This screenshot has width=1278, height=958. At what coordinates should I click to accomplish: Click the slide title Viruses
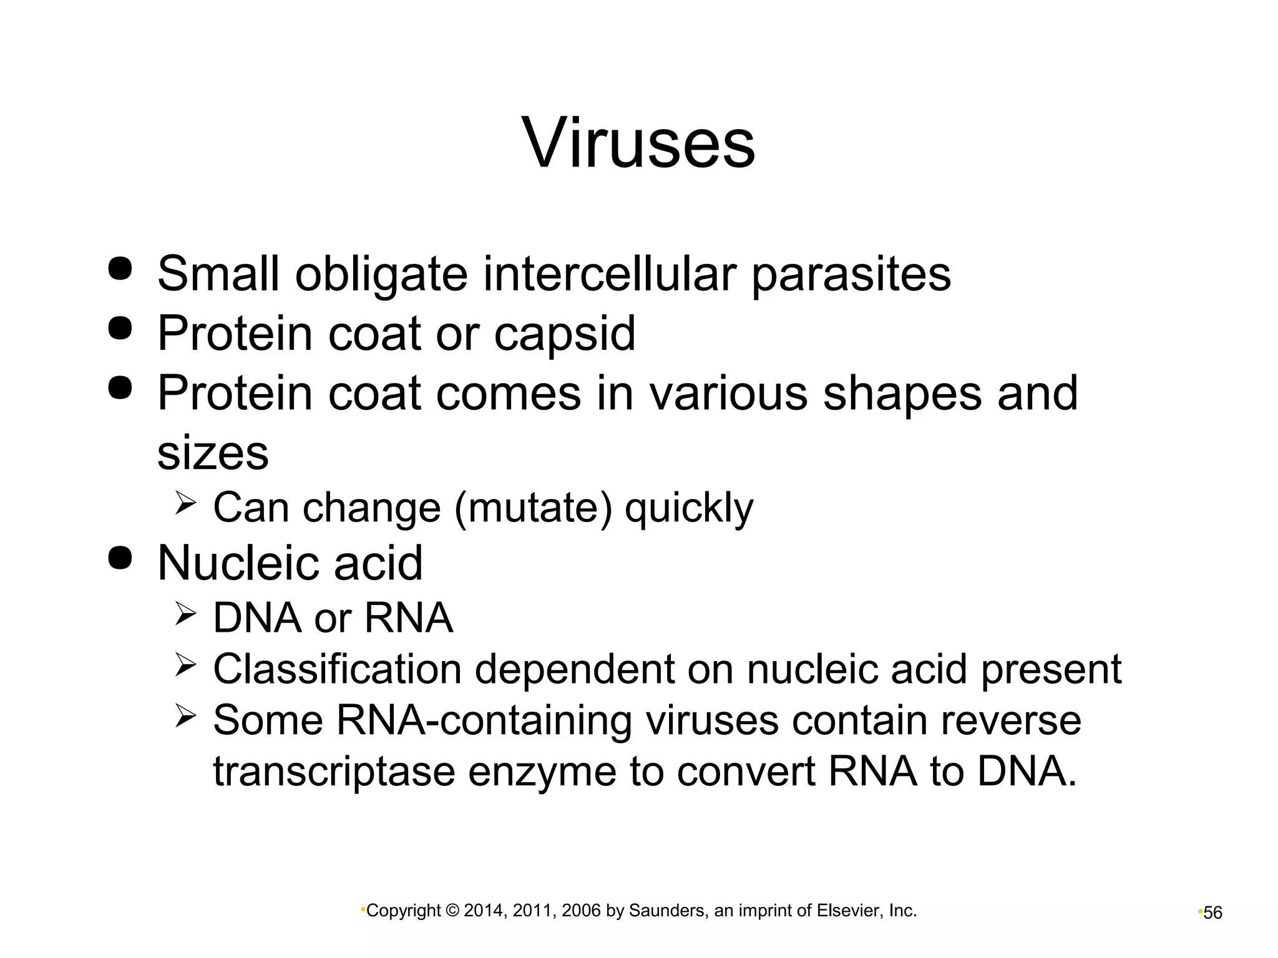[638, 143]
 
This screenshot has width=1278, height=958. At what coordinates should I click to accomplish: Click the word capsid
[565, 334]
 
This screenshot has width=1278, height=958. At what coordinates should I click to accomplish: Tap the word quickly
[689, 508]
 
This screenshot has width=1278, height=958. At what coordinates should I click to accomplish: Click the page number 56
[1212, 913]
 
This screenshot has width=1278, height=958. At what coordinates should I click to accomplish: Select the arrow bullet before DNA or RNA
[186, 614]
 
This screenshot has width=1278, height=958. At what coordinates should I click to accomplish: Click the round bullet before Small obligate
[120, 268]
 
